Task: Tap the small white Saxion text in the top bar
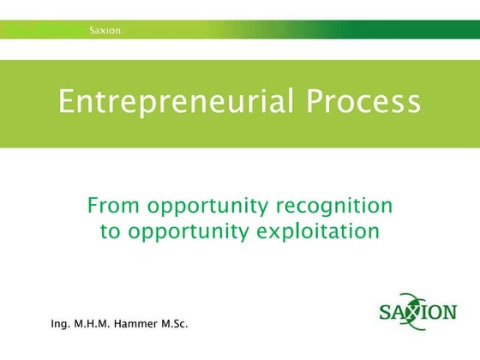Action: pos(107,31)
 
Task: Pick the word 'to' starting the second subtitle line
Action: pos(111,231)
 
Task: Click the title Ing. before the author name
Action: pos(61,325)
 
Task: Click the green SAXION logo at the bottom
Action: pos(417,310)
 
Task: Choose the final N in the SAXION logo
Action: pos(448,310)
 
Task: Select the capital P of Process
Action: pos(316,103)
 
